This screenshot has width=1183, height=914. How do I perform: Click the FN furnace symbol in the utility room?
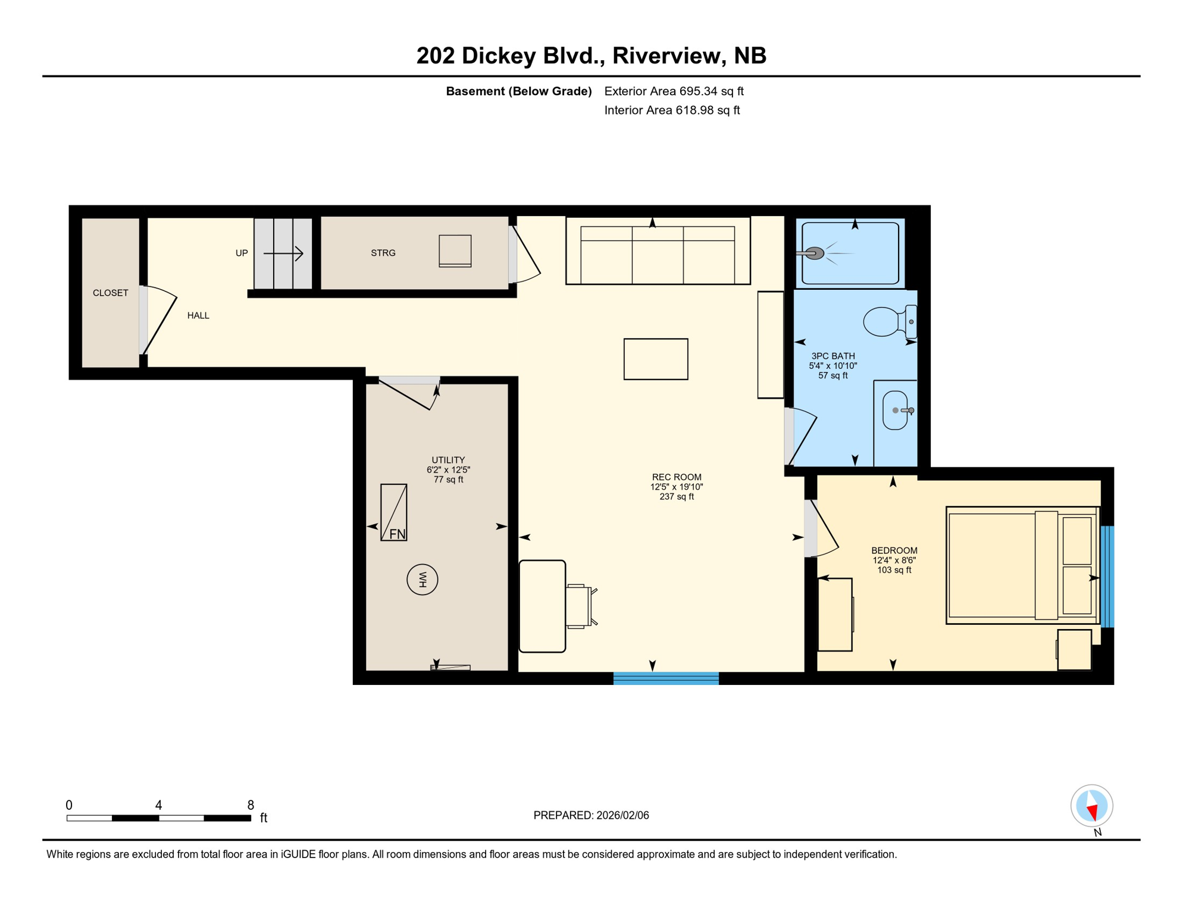pos(393,512)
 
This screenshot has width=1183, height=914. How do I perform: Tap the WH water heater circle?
pos(422,580)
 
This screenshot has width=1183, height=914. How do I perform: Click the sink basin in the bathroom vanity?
pos(895,411)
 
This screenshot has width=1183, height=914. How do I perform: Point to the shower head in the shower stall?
pos(813,253)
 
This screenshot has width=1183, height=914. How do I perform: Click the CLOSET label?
pos(111,293)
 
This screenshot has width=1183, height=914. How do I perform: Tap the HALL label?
pos(198,316)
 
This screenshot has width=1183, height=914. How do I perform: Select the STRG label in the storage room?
pos(383,253)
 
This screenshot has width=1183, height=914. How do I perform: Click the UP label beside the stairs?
pos(242,253)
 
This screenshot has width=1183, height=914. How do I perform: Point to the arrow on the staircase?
pos(284,254)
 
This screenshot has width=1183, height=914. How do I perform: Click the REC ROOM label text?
pos(677,477)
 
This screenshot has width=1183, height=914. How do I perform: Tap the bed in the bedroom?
pos(1021,565)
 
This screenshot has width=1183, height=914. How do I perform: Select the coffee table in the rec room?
pos(656,359)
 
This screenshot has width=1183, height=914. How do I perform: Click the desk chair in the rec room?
pos(579,606)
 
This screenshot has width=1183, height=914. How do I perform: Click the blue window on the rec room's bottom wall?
pos(666,678)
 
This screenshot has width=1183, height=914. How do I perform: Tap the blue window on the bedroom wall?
pos(1107,576)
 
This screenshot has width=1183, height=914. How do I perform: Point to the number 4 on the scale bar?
pos(158,805)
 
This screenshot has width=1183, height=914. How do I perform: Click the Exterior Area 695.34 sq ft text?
pos(674,92)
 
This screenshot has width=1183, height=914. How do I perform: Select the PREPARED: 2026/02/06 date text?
pos(591,816)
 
